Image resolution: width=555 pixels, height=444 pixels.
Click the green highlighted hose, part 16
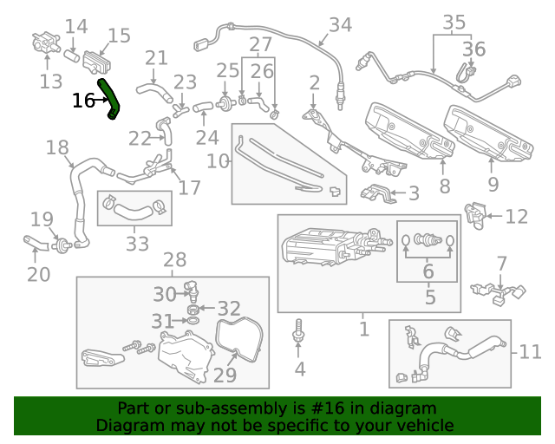[x=110, y=98]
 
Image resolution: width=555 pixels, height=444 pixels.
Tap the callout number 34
[x=340, y=25]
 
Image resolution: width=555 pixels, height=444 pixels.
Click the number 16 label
[x=83, y=101]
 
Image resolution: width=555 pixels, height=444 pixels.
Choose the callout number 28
[x=174, y=260]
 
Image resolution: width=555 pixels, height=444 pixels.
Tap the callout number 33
[x=137, y=244]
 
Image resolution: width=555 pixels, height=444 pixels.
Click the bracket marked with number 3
[x=379, y=193]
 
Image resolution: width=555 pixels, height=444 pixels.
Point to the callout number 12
[x=516, y=217]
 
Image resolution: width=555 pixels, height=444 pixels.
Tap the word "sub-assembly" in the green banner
[x=236, y=408]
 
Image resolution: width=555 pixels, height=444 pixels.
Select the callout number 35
[x=454, y=21]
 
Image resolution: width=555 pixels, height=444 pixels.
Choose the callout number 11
[x=530, y=352]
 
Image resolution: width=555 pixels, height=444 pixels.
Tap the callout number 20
[x=38, y=275]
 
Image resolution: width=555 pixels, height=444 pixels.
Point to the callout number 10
[x=218, y=161]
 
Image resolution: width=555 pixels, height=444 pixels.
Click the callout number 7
[x=501, y=263]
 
